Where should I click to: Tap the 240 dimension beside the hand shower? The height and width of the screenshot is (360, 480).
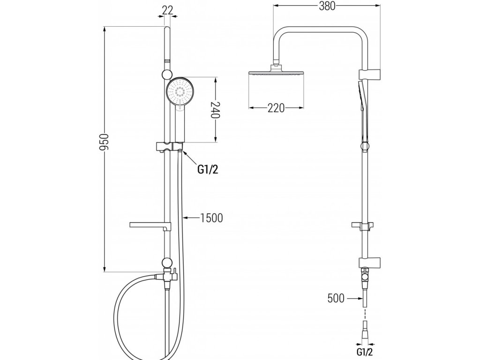pos(216,109)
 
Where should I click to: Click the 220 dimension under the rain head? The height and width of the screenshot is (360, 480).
pos(277,108)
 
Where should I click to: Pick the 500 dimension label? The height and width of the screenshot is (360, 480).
pos(336,298)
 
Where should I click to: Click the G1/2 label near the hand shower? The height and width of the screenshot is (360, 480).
pos(207,170)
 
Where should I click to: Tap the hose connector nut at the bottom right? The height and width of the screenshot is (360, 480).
pos(364,333)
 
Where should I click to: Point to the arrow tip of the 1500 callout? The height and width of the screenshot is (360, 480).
pos(184,217)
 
